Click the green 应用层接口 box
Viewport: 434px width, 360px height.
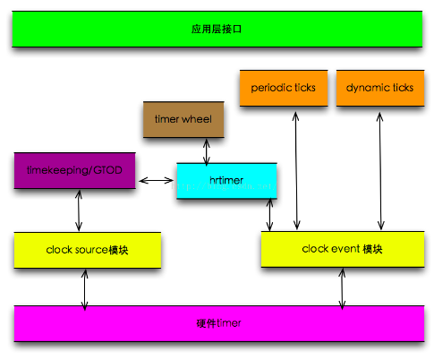point(217,30)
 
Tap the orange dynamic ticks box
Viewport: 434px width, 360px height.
point(379,88)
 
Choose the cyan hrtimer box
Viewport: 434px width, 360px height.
point(227,180)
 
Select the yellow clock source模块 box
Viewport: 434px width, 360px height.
point(87,250)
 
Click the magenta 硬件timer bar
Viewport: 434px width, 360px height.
point(217,322)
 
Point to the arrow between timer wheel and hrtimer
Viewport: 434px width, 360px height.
point(207,150)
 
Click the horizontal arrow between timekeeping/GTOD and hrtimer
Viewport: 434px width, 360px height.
point(157,181)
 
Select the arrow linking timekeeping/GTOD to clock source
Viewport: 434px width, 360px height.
point(78,210)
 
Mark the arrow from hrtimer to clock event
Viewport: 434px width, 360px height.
point(269,214)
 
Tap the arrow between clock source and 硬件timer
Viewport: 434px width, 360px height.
point(85,287)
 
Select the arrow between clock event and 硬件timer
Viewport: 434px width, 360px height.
point(342,287)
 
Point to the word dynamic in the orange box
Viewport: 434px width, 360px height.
point(364,88)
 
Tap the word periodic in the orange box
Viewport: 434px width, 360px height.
point(267,88)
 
